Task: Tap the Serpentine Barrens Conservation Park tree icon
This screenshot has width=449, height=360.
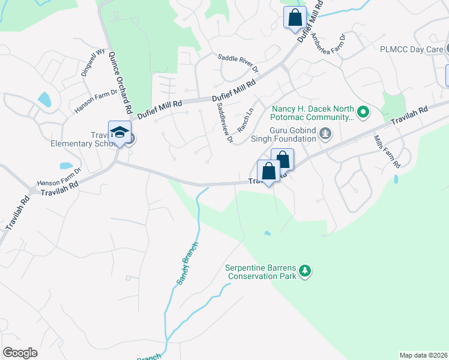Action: click(x=306, y=272)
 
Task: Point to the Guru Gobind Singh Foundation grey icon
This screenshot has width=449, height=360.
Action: click(x=325, y=133)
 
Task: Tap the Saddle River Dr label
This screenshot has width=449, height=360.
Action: click(x=237, y=64)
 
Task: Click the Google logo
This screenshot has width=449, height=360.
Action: click(x=19, y=353)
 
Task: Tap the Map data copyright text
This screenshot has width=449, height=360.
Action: click(x=423, y=355)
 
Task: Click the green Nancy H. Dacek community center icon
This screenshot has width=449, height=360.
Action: click(x=363, y=112)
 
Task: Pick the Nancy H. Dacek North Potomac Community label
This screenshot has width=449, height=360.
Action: click(x=312, y=113)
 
